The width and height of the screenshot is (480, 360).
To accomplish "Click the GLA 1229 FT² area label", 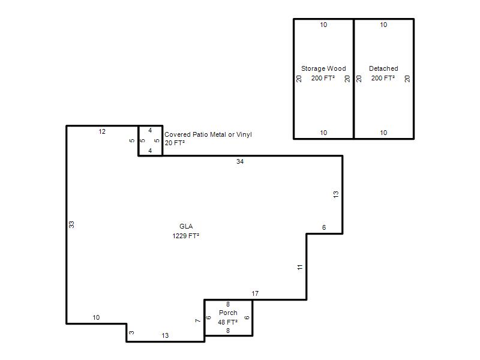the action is [186, 231].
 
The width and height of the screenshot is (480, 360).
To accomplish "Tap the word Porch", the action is [228, 313].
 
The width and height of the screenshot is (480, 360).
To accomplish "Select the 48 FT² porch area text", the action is [228, 322].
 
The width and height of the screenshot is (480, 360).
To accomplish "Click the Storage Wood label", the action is [323, 68].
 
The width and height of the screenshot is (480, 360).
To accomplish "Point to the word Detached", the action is [383, 68].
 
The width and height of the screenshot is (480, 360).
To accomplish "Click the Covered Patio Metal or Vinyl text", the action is [208, 134].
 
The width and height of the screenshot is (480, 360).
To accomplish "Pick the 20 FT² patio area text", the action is [175, 143].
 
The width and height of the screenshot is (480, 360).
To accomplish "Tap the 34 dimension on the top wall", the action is [240, 161].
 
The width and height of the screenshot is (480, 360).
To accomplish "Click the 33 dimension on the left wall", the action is [71, 224].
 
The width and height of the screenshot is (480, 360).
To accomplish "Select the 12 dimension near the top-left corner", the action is [102, 131].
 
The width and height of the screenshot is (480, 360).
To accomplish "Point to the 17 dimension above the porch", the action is [255, 293].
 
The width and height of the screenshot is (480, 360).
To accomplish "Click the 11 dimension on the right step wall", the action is [300, 267].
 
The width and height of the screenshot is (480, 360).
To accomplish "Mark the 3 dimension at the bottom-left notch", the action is [131, 332].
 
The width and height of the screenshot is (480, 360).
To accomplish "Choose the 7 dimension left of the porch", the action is [198, 320].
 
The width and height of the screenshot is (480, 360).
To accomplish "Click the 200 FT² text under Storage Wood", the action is [323, 78].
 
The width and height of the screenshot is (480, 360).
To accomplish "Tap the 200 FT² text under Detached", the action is [383, 78].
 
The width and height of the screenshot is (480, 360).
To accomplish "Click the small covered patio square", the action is [151, 125].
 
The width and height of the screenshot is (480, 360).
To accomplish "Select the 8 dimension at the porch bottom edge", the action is [228, 331].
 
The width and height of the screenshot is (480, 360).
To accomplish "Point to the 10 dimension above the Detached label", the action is [383, 25].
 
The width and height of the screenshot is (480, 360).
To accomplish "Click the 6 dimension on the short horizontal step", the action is [324, 227].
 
